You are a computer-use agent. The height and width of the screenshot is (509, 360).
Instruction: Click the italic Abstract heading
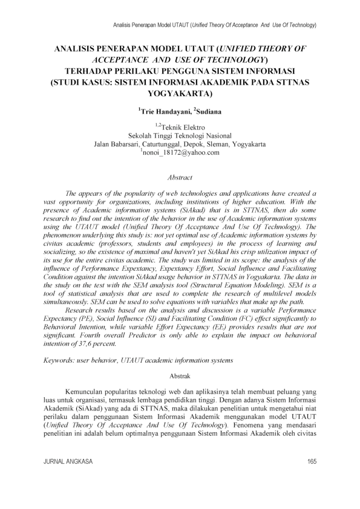[x=180, y=177]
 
